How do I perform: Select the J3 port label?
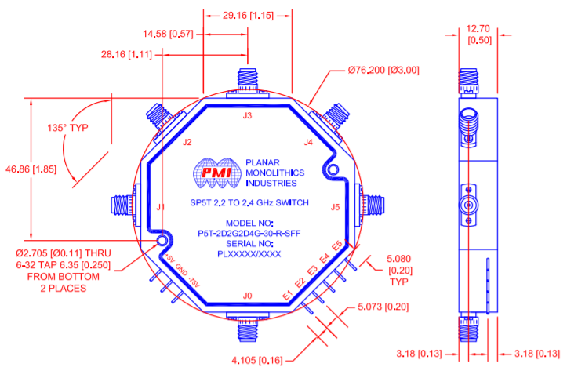tap(248, 116)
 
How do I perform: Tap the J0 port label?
tap(248, 296)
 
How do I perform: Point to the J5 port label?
tap(336, 208)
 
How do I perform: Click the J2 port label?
tap(187, 143)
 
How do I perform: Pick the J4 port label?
tap(308, 142)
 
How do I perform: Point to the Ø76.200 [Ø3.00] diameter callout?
tap(383, 70)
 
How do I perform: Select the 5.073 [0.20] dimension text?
tap(390, 307)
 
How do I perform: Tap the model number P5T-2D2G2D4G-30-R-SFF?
tap(248, 233)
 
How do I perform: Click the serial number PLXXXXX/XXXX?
tap(248, 253)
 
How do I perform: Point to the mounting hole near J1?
tap(163, 241)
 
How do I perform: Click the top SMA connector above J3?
tap(248, 78)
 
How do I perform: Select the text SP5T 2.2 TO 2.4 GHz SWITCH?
tap(248, 202)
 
